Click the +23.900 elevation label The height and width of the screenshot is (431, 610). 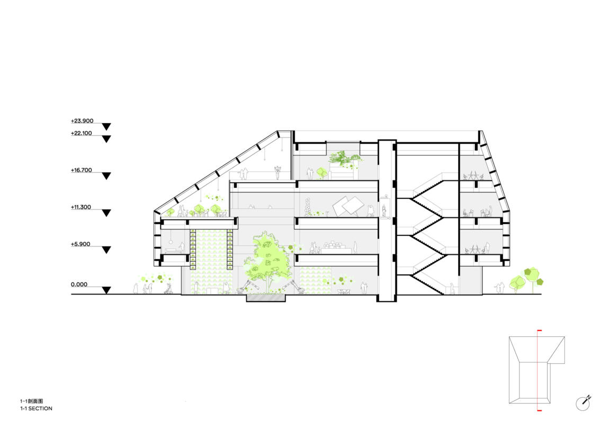click(82, 121)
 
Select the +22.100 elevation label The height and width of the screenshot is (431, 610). click(82, 133)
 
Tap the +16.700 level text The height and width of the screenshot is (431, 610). click(82, 170)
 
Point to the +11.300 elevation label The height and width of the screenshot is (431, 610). click(81, 207)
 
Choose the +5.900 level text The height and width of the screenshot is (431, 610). click(80, 244)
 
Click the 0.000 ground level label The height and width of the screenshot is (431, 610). click(79, 285)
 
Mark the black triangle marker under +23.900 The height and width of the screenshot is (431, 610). click(106, 127)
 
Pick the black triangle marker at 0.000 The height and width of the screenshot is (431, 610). click(106, 290)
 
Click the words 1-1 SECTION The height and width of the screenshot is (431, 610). click(36, 408)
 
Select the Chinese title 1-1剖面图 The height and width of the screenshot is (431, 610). click(32, 401)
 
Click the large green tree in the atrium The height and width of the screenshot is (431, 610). click(267, 260)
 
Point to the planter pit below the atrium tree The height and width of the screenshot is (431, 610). click(266, 298)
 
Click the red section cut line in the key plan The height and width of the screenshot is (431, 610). click(539, 370)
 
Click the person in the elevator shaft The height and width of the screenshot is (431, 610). click(384, 210)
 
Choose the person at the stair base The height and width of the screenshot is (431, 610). click(452, 289)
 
